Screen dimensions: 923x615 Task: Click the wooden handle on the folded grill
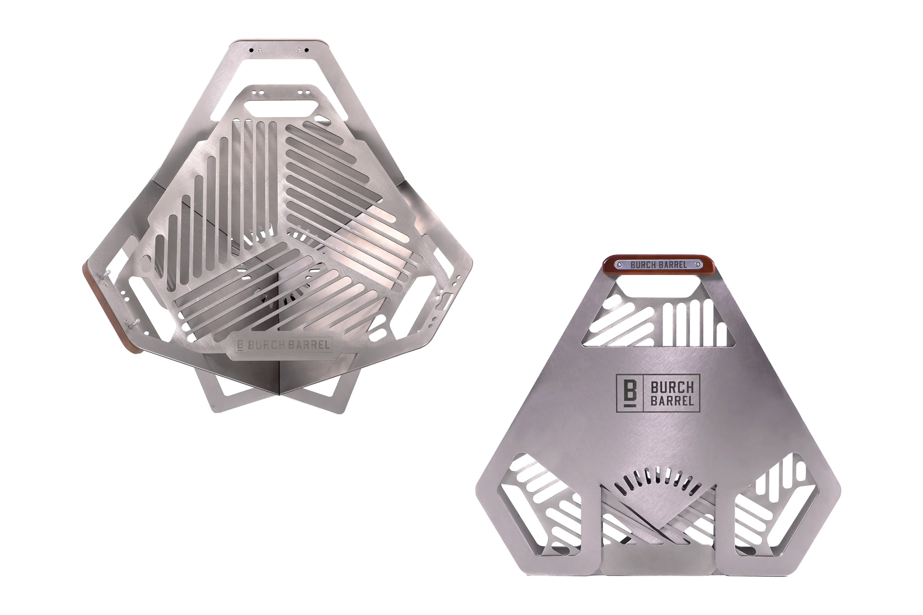click(x=658, y=266)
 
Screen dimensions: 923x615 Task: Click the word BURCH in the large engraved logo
click(x=672, y=388)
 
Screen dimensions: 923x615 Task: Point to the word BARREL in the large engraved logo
click(x=672, y=401)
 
